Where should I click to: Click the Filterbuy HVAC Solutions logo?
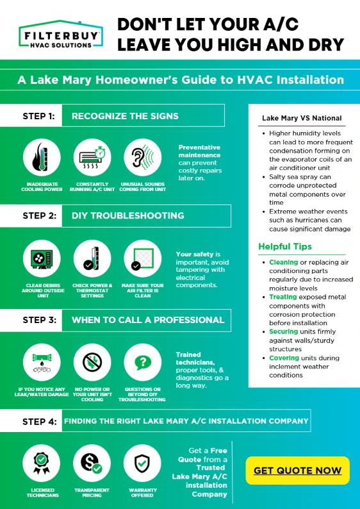click(61, 35)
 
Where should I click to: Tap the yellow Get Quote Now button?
click(297, 471)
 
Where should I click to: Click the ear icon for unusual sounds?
click(143, 158)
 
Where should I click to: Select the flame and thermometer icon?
click(42, 158)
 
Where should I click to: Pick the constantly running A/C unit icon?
click(92, 158)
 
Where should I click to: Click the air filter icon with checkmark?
click(143, 259)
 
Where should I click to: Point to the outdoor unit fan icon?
click(42, 259)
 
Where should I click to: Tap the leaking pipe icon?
click(42, 362)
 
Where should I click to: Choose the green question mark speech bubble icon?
click(143, 362)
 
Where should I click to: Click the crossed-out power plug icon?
click(92, 362)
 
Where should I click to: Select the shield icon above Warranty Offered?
click(142, 463)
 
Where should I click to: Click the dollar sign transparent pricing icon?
click(92, 463)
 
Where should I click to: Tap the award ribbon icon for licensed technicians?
click(41, 463)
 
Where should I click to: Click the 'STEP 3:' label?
click(39, 320)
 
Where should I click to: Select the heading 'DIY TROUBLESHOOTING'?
click(127, 215)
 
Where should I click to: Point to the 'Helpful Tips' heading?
click(285, 246)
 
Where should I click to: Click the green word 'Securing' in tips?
click(284, 331)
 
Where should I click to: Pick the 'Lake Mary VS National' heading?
click(302, 118)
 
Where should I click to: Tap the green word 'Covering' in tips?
click(284, 358)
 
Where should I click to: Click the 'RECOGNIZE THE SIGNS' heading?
click(125, 116)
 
